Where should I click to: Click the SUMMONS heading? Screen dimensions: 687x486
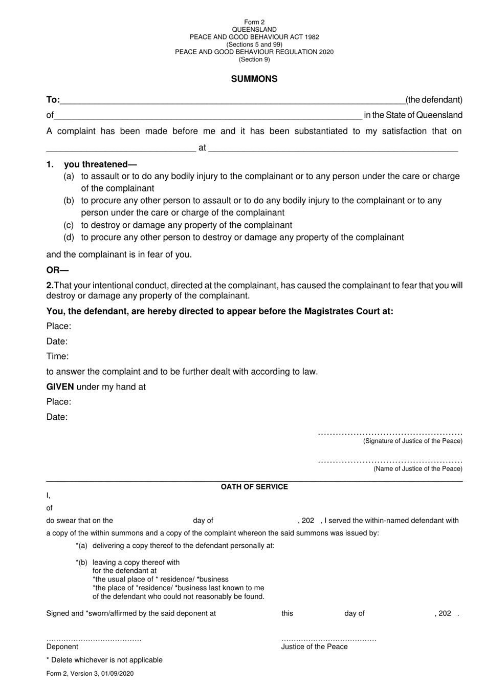click(x=254, y=79)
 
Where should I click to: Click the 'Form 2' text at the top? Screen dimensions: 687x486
click(x=254, y=22)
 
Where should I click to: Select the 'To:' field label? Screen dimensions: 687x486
click(x=53, y=100)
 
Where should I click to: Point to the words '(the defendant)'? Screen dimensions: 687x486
click(x=434, y=100)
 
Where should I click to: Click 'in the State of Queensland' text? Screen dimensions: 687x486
click(x=413, y=115)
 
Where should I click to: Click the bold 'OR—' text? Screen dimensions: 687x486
click(x=57, y=270)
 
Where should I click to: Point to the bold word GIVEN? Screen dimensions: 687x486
click(x=60, y=387)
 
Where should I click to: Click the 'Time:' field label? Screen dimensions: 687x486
click(x=57, y=356)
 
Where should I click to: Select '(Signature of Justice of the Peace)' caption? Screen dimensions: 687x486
click(x=412, y=441)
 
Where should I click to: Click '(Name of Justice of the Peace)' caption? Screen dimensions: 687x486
click(x=417, y=469)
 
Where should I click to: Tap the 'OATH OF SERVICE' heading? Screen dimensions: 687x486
click(x=254, y=487)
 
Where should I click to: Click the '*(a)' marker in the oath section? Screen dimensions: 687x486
click(x=81, y=546)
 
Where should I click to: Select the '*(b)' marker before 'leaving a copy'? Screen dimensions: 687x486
click(x=81, y=563)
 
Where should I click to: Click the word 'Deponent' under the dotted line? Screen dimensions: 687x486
click(x=62, y=647)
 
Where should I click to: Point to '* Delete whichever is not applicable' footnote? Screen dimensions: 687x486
click(x=104, y=660)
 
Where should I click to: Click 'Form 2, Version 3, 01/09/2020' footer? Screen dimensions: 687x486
click(x=90, y=674)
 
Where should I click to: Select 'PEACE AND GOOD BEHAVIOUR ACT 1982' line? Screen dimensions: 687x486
click(x=254, y=37)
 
